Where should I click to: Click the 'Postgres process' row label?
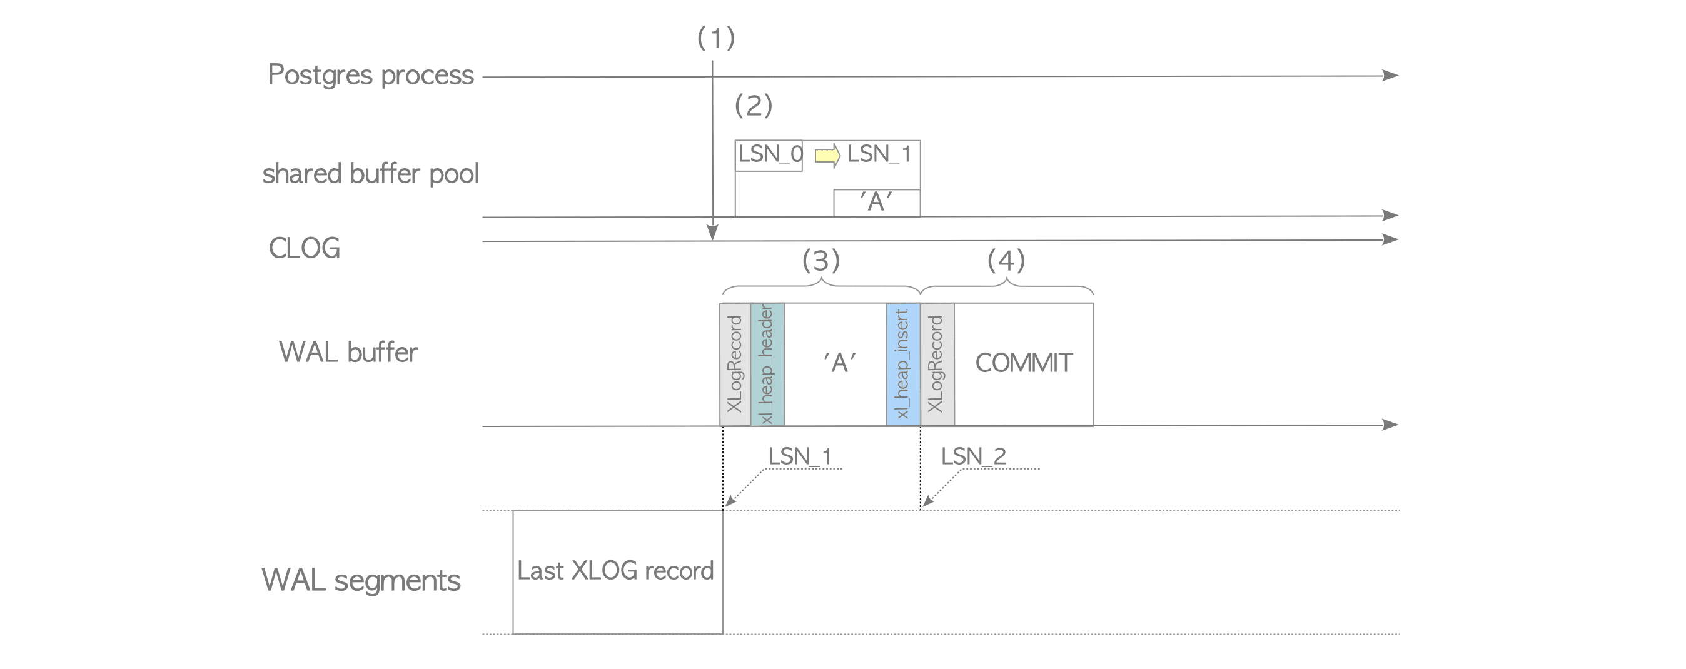point(370,75)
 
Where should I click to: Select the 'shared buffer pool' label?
point(370,174)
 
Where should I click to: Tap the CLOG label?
point(305,248)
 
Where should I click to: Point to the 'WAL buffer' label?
point(348,352)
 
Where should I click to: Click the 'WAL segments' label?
point(361,580)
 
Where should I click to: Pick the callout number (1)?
point(716,38)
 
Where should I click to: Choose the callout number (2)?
point(754,106)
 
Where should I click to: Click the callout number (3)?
point(820,261)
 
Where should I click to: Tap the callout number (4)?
point(1006,261)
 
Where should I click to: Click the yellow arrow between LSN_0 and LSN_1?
point(827,156)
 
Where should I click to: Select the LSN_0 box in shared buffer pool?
point(769,155)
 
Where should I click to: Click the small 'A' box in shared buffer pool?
point(876,203)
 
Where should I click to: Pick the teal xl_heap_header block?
point(767,364)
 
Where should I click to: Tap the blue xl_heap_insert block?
point(902,364)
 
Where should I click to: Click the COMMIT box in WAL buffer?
point(1024,363)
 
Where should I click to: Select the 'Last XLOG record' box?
point(617,571)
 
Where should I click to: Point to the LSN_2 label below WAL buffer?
point(973,456)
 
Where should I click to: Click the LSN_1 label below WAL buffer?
point(800,456)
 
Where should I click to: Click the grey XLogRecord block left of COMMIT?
point(937,364)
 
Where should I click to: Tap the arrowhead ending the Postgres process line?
point(1390,75)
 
